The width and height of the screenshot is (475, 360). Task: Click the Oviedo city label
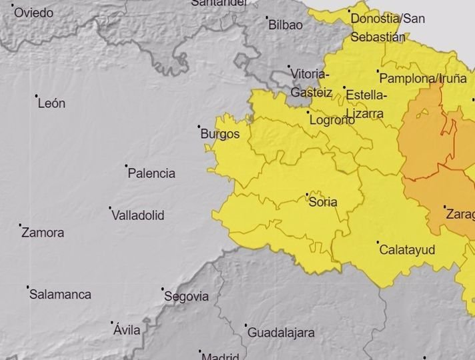click(33, 13)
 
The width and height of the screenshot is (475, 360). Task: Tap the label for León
click(51, 103)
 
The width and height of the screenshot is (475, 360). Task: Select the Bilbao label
click(285, 25)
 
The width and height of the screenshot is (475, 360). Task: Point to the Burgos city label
click(219, 134)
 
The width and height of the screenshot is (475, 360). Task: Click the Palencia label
click(151, 173)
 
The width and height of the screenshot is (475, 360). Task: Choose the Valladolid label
click(137, 215)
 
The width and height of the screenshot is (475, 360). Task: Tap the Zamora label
click(43, 233)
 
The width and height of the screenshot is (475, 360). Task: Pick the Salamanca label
click(60, 294)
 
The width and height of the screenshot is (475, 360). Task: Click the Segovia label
click(186, 297)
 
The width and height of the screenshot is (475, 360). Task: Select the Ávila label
click(127, 329)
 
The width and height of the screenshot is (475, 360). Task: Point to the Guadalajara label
click(281, 332)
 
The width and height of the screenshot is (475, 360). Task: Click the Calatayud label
click(407, 250)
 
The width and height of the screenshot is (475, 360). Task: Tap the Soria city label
click(323, 202)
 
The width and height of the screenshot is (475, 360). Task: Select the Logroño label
click(332, 121)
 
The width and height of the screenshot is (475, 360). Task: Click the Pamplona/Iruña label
click(424, 78)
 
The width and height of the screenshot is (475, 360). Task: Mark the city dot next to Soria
click(307, 194)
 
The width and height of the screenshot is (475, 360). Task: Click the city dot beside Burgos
click(199, 126)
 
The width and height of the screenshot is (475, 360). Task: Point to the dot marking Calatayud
click(378, 242)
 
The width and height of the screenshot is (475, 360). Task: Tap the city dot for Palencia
click(126, 165)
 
